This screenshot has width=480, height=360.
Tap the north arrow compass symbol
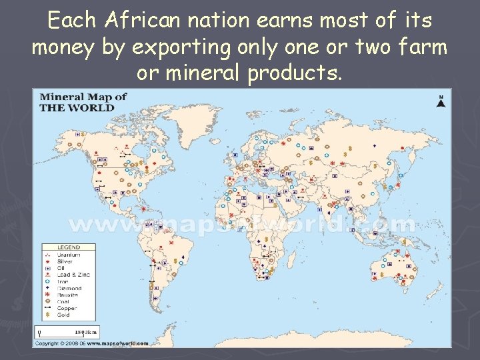coord(440,101)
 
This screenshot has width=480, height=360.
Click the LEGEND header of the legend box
coord(69,247)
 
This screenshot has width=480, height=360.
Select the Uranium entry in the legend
coord(67,255)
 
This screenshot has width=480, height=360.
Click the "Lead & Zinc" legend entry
coord(71,275)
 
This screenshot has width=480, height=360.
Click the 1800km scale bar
coord(66,332)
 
